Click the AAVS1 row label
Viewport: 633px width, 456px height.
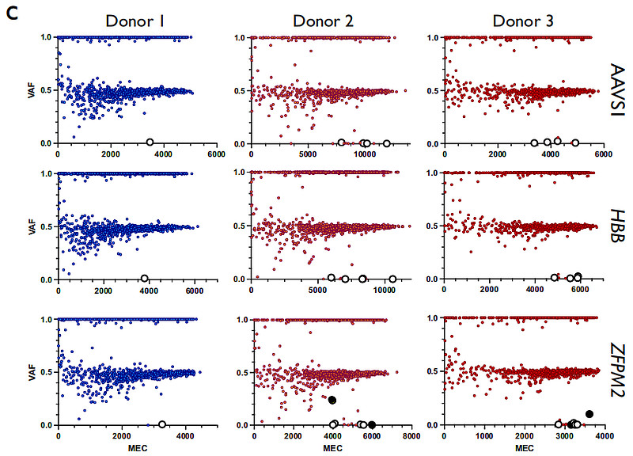click(619, 89)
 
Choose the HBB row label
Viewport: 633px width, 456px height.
click(619, 226)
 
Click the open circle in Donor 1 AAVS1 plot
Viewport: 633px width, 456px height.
click(150, 142)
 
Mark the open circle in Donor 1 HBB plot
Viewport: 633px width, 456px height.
click(144, 279)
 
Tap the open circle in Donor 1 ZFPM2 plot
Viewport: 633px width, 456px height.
click(161, 424)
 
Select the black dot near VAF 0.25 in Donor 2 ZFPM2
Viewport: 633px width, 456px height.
click(332, 401)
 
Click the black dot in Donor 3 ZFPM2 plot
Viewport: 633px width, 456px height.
click(589, 414)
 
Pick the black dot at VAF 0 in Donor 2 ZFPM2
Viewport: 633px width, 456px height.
click(372, 424)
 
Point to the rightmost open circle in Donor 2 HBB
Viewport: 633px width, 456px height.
click(392, 279)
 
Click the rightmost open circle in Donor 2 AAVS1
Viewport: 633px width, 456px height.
click(386, 143)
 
